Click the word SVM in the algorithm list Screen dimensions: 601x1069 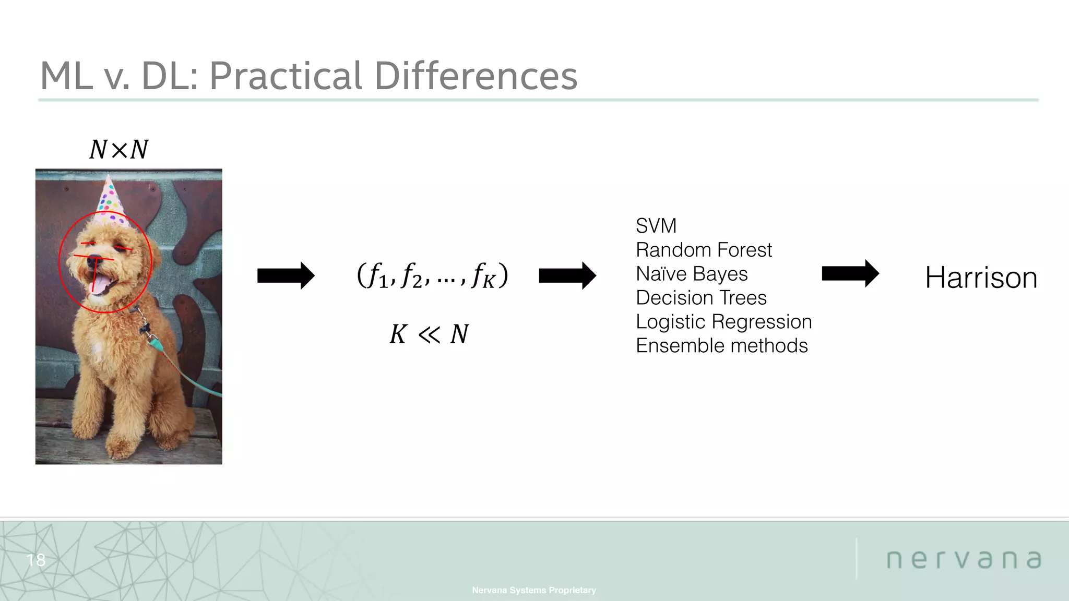click(656, 226)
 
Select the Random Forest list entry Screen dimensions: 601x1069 click(703, 250)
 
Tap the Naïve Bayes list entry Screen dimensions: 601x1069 click(691, 274)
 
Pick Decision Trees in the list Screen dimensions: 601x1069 click(700, 298)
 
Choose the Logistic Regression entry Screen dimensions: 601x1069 click(723, 322)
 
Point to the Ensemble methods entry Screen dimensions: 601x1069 click(721, 346)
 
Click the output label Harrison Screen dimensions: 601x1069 click(981, 278)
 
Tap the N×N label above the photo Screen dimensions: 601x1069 click(119, 150)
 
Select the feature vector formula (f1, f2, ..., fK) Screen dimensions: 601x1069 click(432, 275)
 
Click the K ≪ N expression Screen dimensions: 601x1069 click(429, 334)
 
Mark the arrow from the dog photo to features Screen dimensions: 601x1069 click(286, 275)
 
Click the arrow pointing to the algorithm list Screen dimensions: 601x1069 click(567, 275)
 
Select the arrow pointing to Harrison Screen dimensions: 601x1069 click(850, 273)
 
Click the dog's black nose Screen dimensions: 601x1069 click(94, 259)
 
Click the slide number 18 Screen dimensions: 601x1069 click(35, 560)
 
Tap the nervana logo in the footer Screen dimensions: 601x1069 click(964, 559)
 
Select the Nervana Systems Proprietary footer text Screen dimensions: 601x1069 click(533, 590)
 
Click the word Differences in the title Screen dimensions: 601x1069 click(476, 76)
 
